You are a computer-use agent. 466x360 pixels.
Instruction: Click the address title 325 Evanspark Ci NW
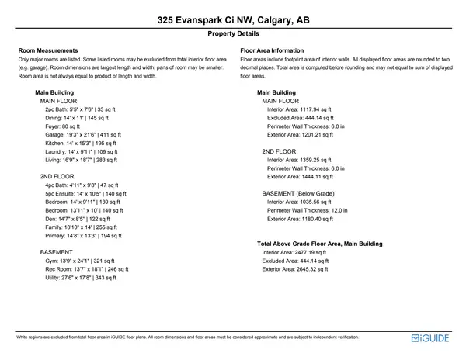click(x=233, y=20)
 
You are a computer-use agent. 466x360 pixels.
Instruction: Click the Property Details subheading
click(x=233, y=35)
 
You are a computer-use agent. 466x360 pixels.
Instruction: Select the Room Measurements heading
click(x=47, y=50)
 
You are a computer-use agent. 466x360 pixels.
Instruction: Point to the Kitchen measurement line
click(x=79, y=144)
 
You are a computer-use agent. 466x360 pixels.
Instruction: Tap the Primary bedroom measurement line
click(x=83, y=236)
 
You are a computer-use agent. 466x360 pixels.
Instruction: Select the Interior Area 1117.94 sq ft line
click(x=298, y=109)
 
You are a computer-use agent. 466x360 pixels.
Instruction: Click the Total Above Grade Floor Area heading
click(x=319, y=244)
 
